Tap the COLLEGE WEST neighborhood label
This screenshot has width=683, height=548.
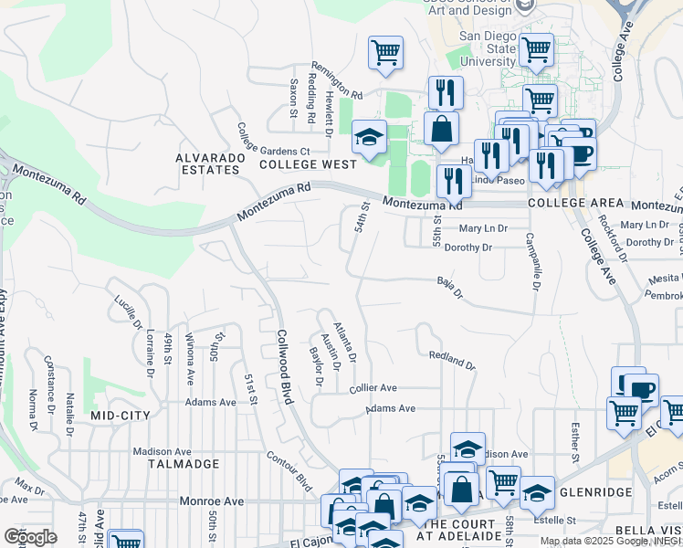[x=307, y=164]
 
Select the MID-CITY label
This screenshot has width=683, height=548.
[x=120, y=415]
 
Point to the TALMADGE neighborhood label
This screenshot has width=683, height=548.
[x=184, y=464]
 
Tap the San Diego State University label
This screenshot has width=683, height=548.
[x=488, y=48]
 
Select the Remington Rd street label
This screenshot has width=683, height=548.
[x=337, y=80]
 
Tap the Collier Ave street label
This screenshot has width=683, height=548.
[x=373, y=388]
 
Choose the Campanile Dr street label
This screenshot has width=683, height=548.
[x=530, y=260]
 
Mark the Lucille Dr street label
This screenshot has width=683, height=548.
[x=130, y=311]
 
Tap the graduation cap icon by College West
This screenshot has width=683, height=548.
[x=369, y=138]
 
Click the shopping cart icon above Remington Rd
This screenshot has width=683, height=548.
[x=385, y=52]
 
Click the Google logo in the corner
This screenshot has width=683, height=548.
[x=30, y=536]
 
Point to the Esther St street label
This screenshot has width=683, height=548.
[x=575, y=440]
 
